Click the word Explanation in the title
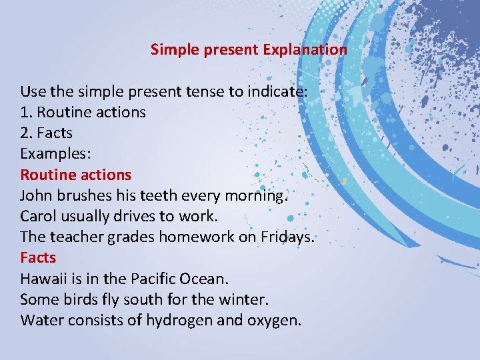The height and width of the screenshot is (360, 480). (x=305, y=49)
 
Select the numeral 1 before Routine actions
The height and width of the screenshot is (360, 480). (x=25, y=112)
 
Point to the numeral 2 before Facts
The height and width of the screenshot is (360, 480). (x=25, y=133)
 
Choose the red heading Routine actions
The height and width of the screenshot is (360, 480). (x=75, y=175)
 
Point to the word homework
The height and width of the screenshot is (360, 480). (x=195, y=237)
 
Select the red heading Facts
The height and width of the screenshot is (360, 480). (x=38, y=257)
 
